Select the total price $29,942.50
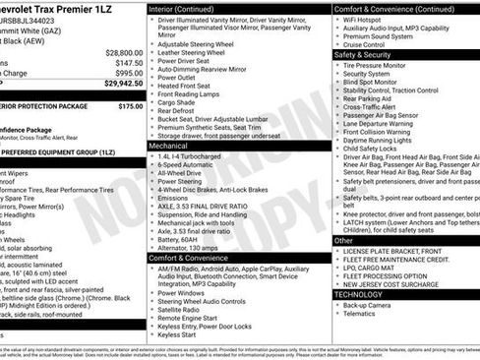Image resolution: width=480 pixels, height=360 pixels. click(x=124, y=84)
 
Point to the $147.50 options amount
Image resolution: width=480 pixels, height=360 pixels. click(x=128, y=62)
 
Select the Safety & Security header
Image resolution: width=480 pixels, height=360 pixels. click(x=363, y=55)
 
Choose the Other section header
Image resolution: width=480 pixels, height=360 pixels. click(x=343, y=240)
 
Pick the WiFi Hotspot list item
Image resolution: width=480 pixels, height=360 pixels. click(x=364, y=19)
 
